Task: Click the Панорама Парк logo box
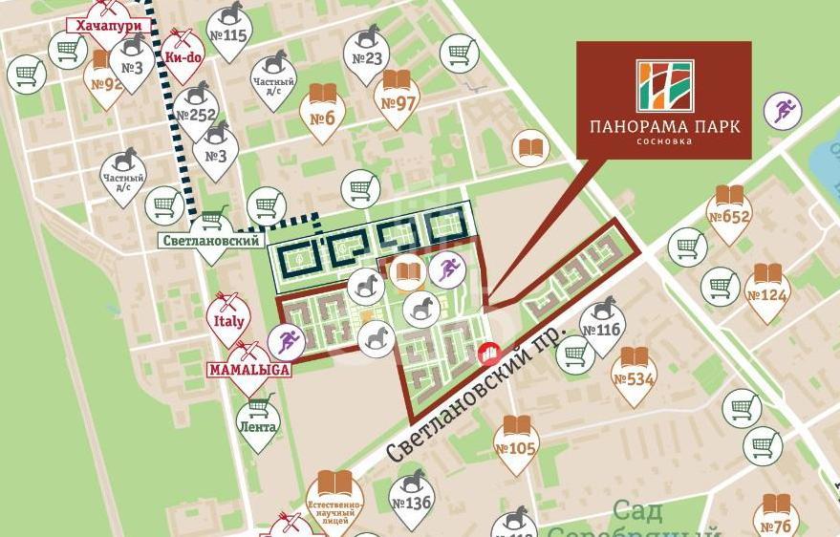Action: tap(663, 99)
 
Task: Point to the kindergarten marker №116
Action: tap(601, 323)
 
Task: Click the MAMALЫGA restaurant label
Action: tap(249, 366)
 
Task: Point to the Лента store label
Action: tap(258, 427)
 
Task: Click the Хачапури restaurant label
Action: tap(108, 26)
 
